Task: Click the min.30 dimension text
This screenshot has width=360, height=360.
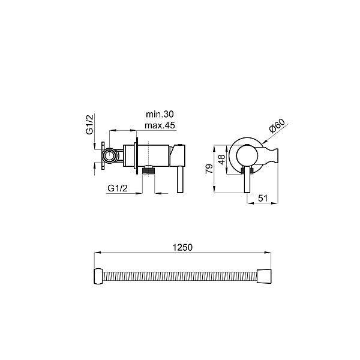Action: [160, 114]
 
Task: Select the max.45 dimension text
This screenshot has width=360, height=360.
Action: [160, 125]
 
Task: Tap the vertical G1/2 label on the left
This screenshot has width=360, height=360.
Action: [90, 124]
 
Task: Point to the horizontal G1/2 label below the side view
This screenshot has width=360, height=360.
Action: [118, 188]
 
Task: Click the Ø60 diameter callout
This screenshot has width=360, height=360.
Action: [277, 125]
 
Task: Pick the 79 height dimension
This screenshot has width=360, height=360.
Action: [209, 169]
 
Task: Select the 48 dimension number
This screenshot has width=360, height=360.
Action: [222, 160]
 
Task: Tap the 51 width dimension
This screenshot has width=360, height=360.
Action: [263, 198]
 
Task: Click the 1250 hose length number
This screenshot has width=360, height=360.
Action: [182, 247]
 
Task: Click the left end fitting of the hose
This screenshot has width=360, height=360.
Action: [99, 276]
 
